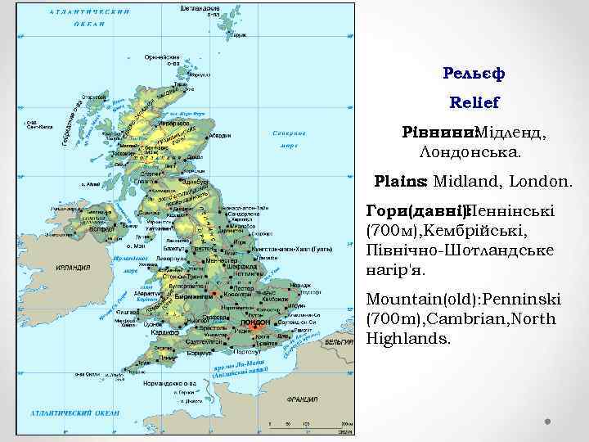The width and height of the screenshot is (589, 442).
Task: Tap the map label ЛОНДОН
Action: (257, 322)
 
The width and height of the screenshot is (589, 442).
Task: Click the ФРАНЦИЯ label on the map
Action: (302, 400)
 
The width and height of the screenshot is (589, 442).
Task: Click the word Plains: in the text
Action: (401, 179)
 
